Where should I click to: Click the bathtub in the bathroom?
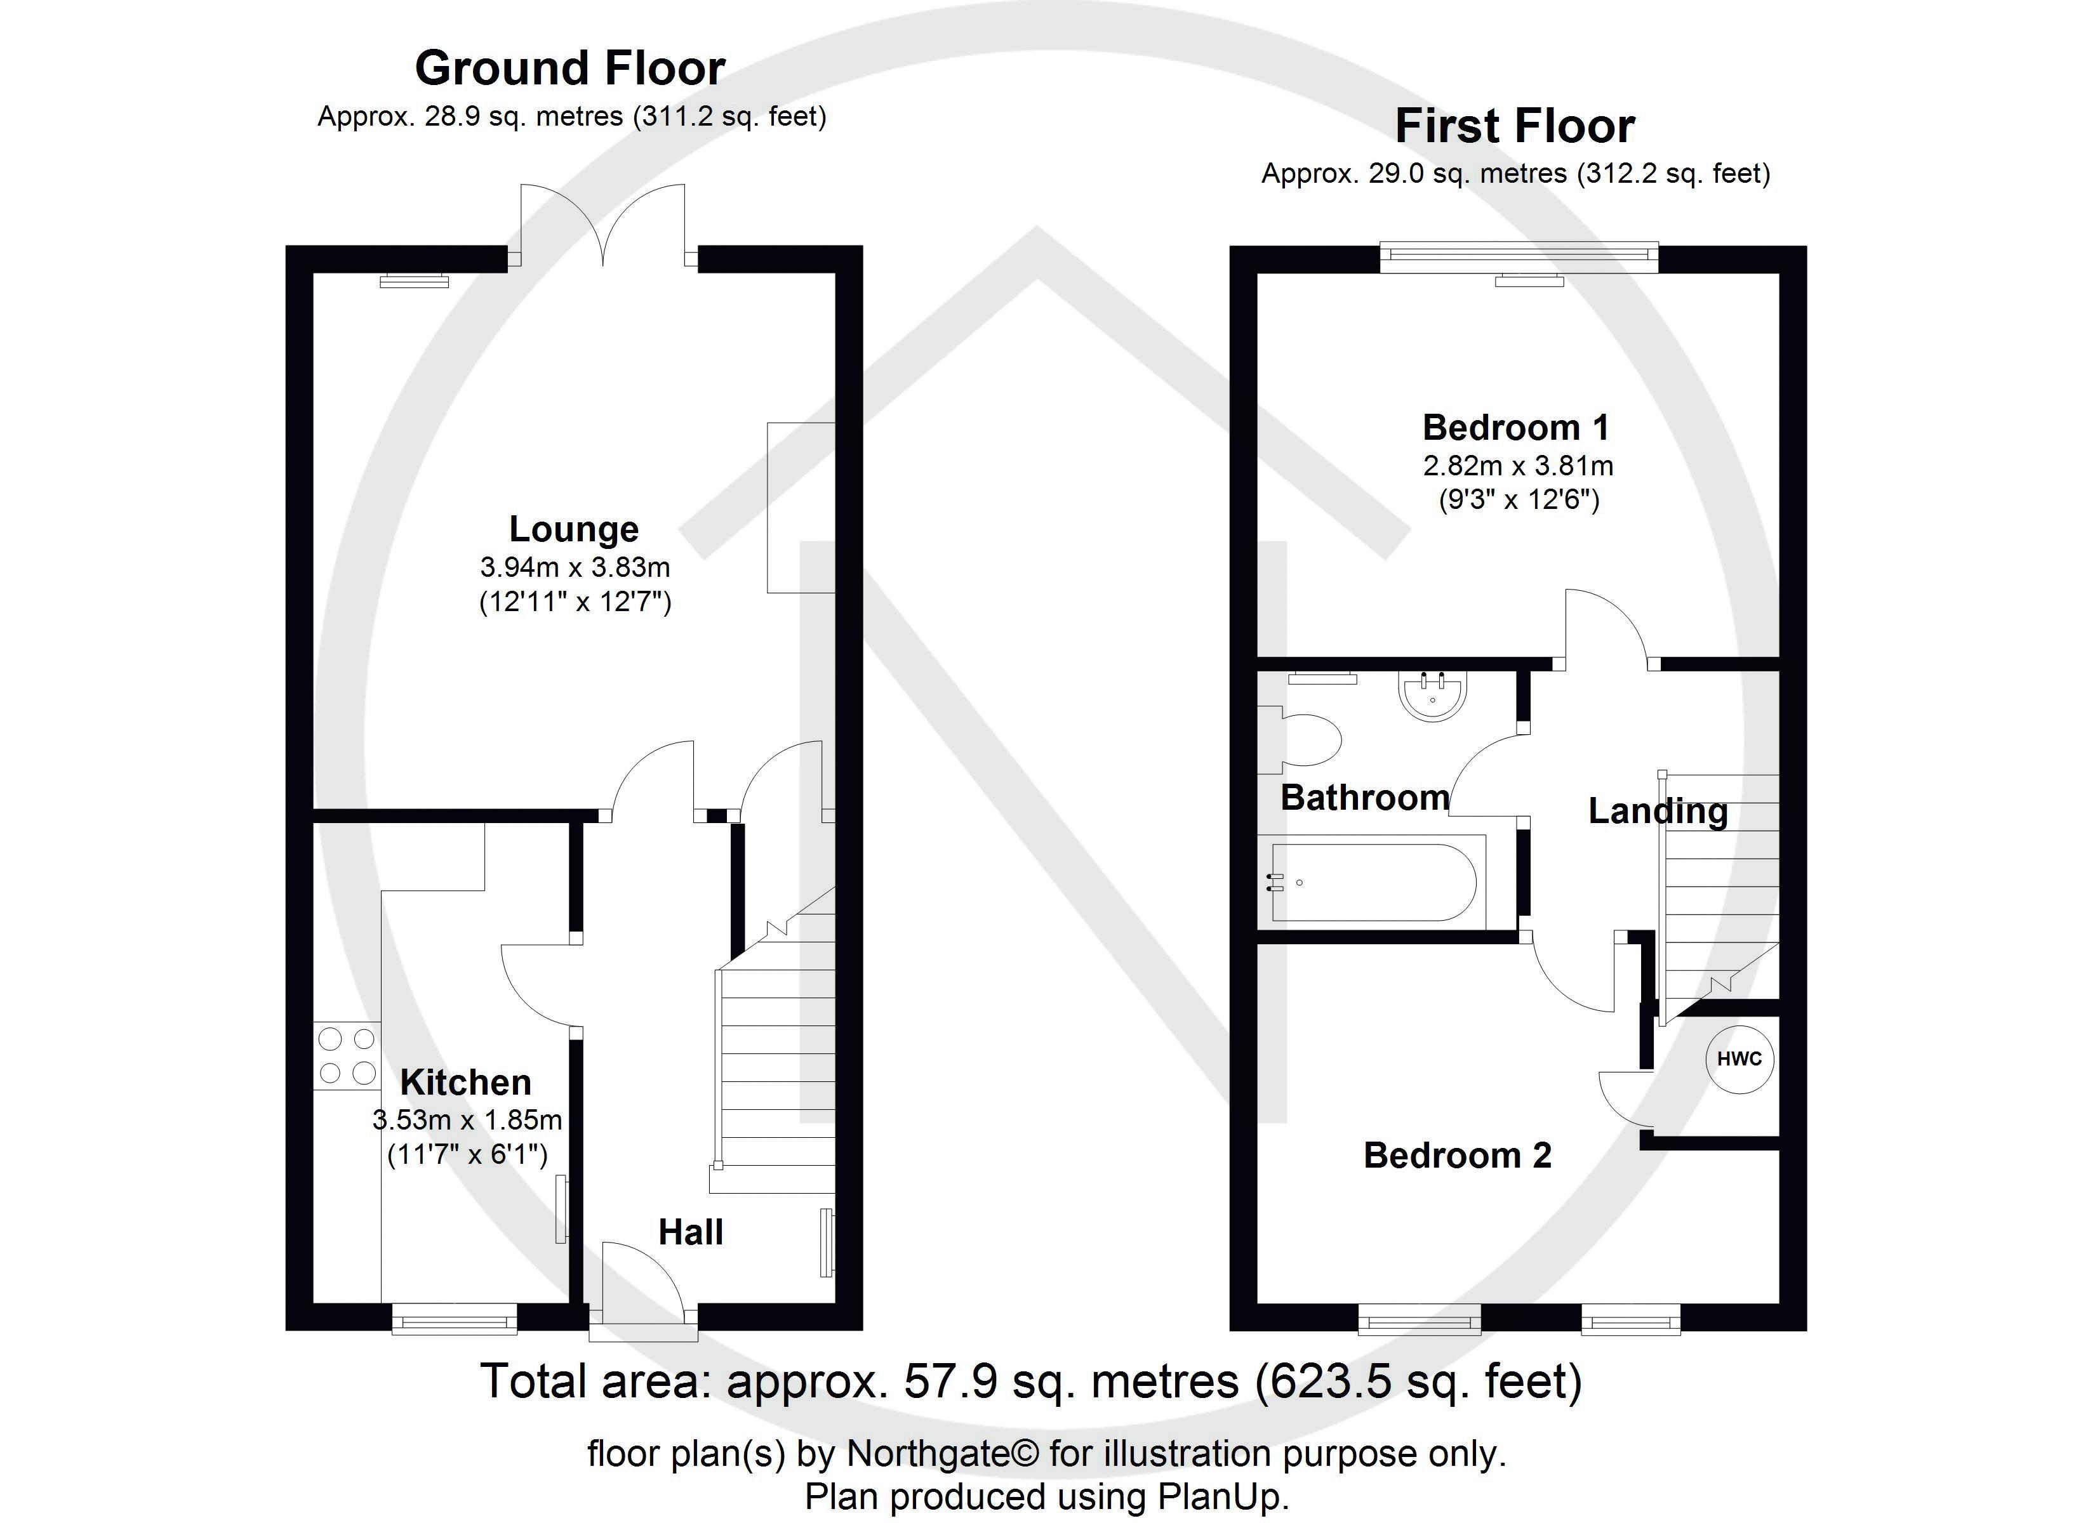click(1377, 882)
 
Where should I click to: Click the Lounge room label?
click(574, 529)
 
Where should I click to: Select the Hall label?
click(690, 1232)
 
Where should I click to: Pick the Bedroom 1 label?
click(1516, 428)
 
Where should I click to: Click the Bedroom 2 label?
click(1457, 1156)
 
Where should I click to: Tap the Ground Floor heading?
click(570, 69)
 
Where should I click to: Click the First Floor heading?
click(1515, 126)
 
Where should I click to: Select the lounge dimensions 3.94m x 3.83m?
click(575, 567)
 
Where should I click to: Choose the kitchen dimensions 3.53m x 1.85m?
click(467, 1120)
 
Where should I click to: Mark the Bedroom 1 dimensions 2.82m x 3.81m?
click(1518, 466)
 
